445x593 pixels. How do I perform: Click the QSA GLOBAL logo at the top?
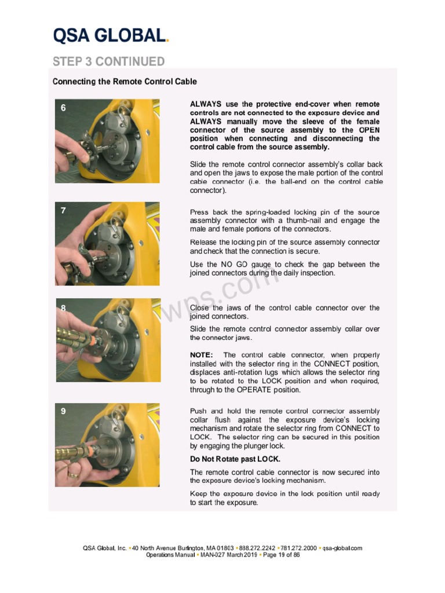click(111, 36)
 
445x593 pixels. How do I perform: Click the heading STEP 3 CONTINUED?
click(108, 61)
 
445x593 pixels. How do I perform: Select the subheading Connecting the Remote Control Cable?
click(125, 82)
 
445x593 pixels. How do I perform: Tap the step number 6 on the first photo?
click(64, 108)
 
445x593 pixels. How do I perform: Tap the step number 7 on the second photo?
click(64, 211)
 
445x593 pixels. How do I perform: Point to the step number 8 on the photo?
click(64, 309)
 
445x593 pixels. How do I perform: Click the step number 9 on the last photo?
click(64, 411)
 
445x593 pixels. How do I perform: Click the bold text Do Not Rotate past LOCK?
click(235, 459)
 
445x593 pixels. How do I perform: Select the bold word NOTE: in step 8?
click(202, 355)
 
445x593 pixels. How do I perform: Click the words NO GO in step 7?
click(233, 265)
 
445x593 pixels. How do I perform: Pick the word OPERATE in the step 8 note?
click(264, 390)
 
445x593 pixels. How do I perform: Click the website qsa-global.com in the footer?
click(342, 548)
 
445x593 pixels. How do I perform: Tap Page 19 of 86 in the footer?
click(282, 555)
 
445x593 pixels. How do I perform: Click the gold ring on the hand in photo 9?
click(73, 474)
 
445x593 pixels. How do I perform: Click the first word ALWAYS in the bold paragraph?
click(206, 104)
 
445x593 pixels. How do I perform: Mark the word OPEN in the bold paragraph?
click(369, 130)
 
